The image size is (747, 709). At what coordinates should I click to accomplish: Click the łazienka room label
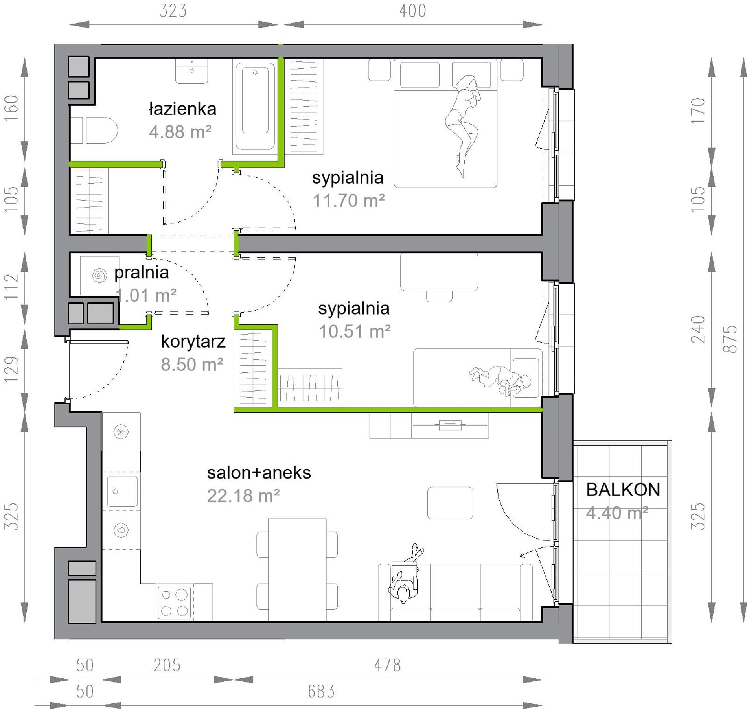click(x=182, y=109)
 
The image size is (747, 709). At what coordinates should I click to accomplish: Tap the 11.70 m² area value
click(x=348, y=201)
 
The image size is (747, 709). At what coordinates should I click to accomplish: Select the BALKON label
click(x=623, y=490)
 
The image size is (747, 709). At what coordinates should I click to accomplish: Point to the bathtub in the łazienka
click(x=255, y=106)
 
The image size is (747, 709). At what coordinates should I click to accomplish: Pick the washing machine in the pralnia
click(x=99, y=275)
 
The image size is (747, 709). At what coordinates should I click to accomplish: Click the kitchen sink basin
click(x=122, y=492)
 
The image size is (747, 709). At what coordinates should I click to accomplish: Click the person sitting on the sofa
click(x=406, y=574)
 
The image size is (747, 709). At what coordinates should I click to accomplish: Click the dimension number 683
click(x=321, y=691)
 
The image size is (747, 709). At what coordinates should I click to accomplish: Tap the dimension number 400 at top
click(x=413, y=11)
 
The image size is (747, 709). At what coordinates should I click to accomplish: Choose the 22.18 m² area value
click(x=243, y=496)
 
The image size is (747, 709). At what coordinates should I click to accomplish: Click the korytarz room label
click(x=193, y=342)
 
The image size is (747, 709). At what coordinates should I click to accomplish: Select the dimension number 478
click(x=387, y=665)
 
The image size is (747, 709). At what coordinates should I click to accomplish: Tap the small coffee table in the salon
click(x=450, y=503)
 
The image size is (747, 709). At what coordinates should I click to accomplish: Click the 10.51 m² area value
click(x=355, y=331)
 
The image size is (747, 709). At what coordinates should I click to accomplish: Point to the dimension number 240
click(x=698, y=329)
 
